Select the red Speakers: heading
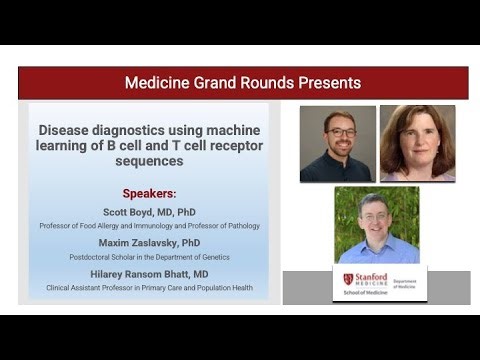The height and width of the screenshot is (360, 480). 149,194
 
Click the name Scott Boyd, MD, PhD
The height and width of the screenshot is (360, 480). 149,212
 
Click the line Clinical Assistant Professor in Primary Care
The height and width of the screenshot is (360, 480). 149,288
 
